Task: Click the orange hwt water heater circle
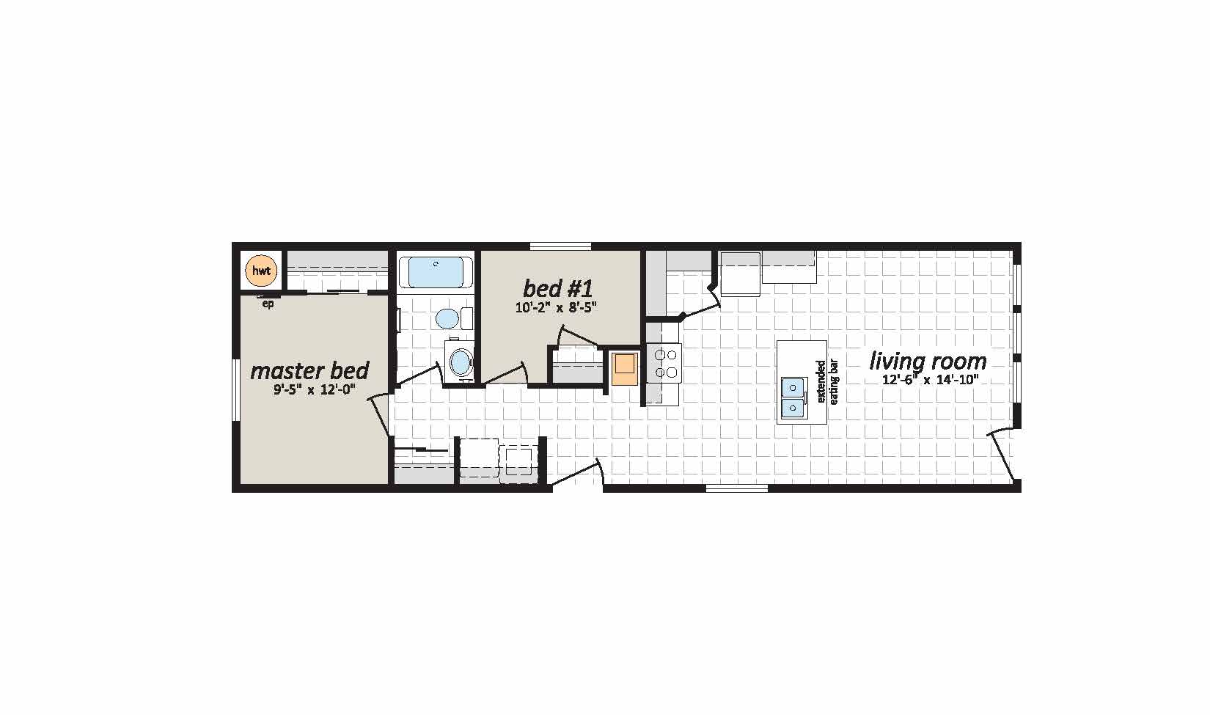(261, 271)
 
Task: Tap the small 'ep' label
(268, 304)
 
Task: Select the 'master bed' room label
(309, 370)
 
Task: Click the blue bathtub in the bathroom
(435, 272)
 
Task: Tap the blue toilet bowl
(446, 318)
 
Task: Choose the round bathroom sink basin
(461, 362)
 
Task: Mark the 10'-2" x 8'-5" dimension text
(557, 307)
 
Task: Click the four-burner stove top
(664, 363)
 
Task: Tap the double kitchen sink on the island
(793, 397)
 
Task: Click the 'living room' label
(928, 361)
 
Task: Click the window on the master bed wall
(235, 390)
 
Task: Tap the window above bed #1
(561, 246)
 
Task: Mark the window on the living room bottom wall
(736, 488)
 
